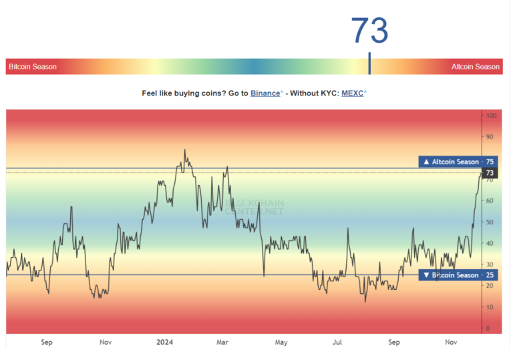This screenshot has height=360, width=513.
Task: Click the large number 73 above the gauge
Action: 369,31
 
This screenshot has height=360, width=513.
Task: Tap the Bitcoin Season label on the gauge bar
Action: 33,67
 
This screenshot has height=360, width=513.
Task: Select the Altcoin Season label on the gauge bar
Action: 475,67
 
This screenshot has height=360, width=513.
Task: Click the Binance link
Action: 266,94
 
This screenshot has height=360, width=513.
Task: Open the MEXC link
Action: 352,94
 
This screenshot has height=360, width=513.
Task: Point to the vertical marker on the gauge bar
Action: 369,64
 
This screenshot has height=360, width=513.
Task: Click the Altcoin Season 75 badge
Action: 457,162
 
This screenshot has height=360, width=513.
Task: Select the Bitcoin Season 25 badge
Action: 457,275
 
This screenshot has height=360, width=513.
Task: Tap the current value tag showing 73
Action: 490,173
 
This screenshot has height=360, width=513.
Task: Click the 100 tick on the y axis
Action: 491,116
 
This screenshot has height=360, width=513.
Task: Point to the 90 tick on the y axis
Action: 490,137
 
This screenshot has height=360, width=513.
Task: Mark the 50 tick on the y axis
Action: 490,222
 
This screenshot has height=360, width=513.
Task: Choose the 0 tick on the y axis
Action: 488,328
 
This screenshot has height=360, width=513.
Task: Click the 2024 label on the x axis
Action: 164,342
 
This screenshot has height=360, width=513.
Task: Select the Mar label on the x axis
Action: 222,342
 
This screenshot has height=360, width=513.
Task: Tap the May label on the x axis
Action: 281,342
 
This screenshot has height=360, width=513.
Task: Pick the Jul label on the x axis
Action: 338,342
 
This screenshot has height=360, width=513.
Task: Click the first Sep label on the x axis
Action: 46,342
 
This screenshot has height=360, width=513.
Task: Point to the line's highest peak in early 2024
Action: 184,150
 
